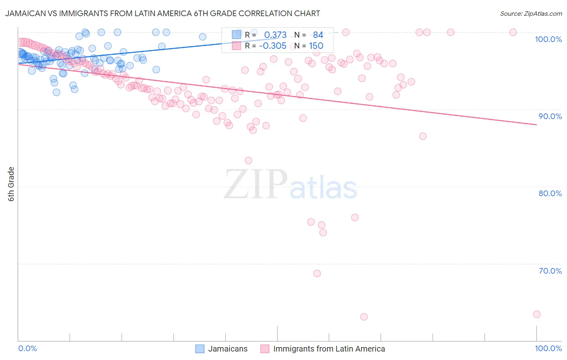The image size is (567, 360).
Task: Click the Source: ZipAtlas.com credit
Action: coord(531,13)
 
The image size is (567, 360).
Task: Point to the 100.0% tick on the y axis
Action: coord(548,39)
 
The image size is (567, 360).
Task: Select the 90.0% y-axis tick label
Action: coord(550,116)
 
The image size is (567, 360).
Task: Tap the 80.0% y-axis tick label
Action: coord(550,193)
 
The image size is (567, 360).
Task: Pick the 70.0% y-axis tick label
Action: coord(550,271)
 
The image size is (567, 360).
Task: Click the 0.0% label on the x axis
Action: coord(27,348)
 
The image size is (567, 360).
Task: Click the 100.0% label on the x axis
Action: coord(548,348)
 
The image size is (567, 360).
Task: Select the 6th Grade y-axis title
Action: coord(11,184)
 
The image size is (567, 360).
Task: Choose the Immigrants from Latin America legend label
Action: coord(329,349)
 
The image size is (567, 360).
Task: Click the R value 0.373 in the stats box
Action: coord(275,35)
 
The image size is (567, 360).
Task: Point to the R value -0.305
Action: coord(273,46)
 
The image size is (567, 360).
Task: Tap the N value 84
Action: coord(318,35)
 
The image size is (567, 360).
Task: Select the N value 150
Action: coord(316,46)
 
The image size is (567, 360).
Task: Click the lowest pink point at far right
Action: coord(536,314)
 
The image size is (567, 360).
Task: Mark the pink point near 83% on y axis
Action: coord(248,161)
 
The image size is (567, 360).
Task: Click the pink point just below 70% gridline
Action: coord(317,274)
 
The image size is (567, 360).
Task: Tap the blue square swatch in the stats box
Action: coord(236,35)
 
